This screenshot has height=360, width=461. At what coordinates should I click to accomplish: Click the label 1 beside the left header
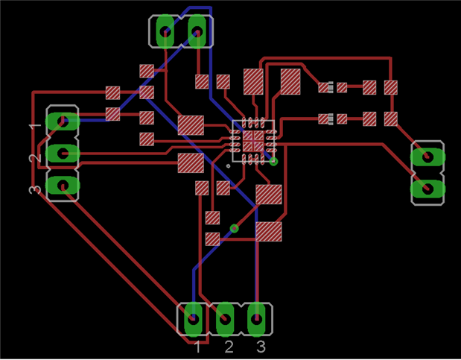[33, 127]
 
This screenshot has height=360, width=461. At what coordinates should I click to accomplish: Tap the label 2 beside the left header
[33, 157]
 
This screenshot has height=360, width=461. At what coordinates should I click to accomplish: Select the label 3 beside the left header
[33, 189]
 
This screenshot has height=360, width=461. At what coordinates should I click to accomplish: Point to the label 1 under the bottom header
[198, 347]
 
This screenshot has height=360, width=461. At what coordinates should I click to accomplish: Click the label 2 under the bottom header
[229, 347]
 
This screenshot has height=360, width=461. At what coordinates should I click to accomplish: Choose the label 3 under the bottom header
[261, 347]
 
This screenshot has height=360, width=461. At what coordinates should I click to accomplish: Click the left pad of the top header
[165, 32]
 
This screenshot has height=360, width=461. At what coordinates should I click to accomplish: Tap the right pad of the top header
[197, 32]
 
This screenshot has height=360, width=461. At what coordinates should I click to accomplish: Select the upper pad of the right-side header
[427, 157]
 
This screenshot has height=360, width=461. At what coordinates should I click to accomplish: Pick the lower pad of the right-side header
[427, 189]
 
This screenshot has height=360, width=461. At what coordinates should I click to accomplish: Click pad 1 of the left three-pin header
[63, 121]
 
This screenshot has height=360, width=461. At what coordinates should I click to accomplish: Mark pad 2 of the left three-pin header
[63, 154]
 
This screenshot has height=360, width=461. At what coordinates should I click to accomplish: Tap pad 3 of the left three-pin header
[63, 184]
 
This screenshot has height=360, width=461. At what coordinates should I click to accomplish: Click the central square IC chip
[253, 141]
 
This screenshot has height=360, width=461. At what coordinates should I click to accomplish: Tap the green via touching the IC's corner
[273, 161]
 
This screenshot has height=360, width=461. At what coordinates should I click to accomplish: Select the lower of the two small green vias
[234, 228]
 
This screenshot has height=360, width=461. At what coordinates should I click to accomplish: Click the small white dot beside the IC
[229, 156]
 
